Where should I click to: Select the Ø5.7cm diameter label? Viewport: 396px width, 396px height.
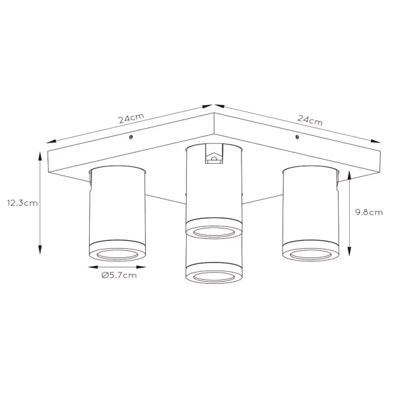tap(119, 276)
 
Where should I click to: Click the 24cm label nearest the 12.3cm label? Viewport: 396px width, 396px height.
tap(131, 119)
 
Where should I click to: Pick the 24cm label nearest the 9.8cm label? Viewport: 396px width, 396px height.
tap(310, 120)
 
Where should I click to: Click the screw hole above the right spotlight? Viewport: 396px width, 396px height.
tap(298, 137)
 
